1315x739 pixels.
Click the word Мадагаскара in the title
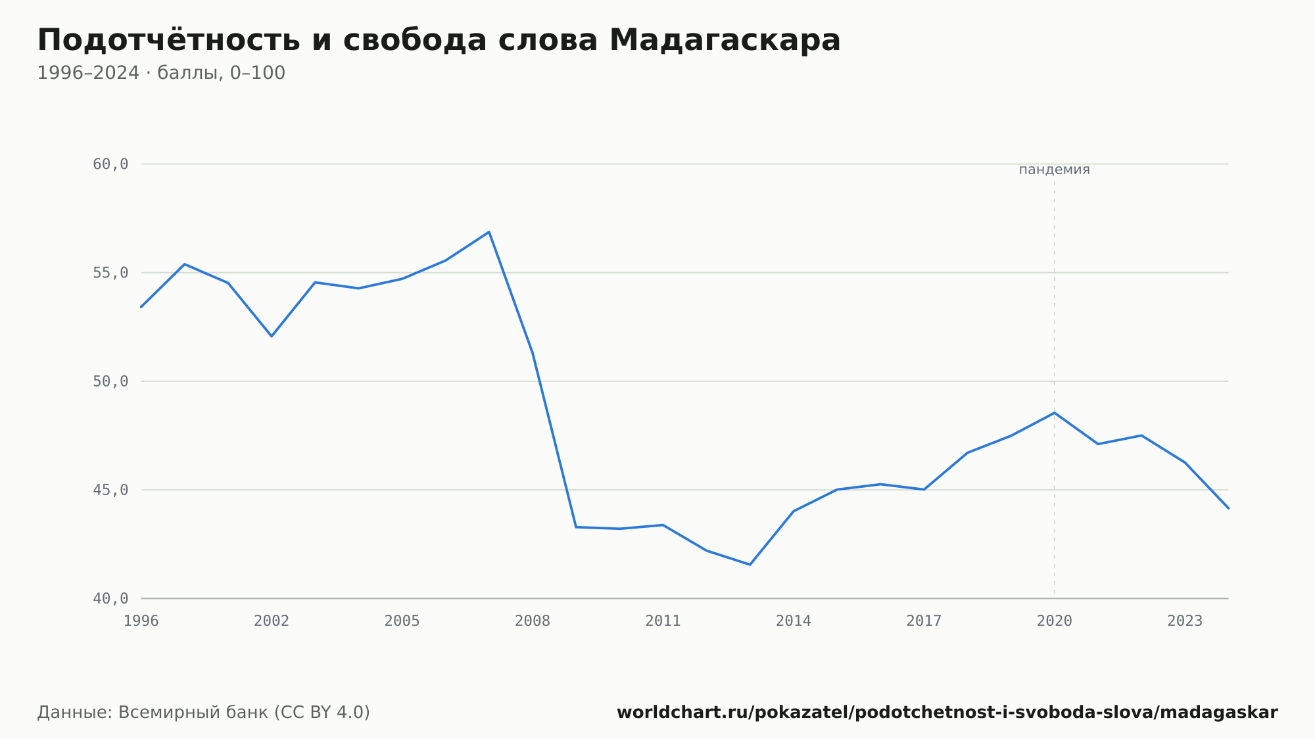(x=725, y=40)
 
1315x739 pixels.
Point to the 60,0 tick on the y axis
(x=110, y=164)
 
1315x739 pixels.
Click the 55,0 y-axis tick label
(x=110, y=273)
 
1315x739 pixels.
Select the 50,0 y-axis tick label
(x=110, y=381)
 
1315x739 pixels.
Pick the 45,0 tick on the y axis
(x=110, y=490)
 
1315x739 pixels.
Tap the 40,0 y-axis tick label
(x=110, y=598)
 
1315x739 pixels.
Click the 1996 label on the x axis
(x=141, y=621)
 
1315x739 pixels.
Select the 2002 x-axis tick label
(x=272, y=621)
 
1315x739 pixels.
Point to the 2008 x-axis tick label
(x=533, y=621)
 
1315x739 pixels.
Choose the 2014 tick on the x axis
(x=794, y=621)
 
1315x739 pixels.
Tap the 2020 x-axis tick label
(x=1055, y=621)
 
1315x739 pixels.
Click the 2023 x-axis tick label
(x=1185, y=621)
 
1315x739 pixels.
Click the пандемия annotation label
(x=1055, y=170)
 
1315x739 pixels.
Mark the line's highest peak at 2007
(x=489, y=232)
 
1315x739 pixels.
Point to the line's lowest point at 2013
(x=750, y=564)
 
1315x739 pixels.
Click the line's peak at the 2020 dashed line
(x=1055, y=413)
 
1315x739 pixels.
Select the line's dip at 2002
(x=272, y=336)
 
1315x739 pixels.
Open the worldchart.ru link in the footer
(x=947, y=713)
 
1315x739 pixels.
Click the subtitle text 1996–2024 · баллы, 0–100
(x=161, y=73)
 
